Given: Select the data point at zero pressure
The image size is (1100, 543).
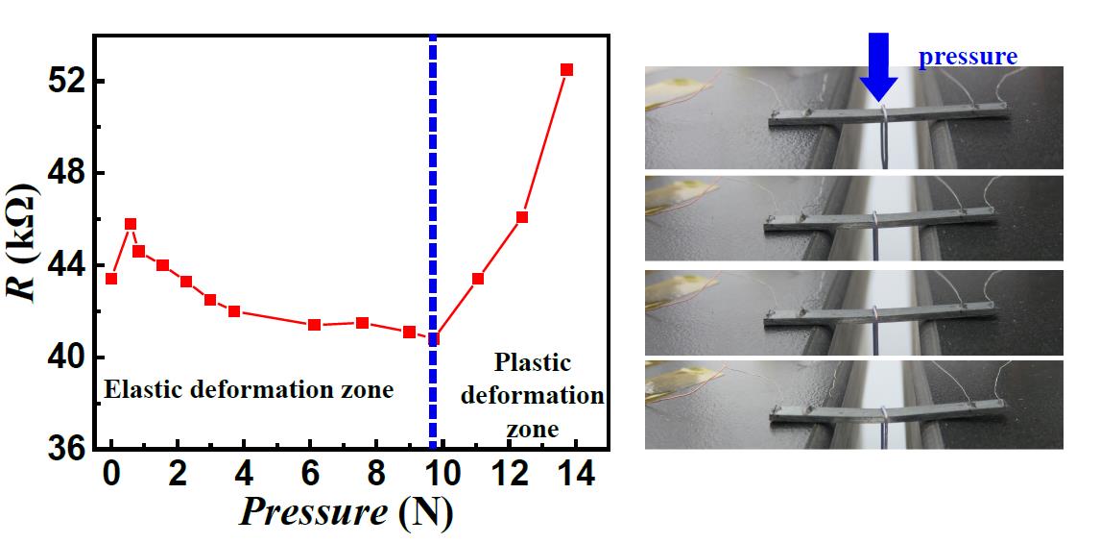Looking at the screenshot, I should click(111, 279).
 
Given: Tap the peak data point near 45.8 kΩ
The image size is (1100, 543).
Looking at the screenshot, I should click(131, 224).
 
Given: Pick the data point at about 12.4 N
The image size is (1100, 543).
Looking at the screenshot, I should click(522, 217).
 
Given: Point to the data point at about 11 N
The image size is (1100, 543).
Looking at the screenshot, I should click(478, 279).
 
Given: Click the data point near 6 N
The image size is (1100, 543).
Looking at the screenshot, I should click(314, 325).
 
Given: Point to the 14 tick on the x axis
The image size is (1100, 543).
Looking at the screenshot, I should click(572, 476).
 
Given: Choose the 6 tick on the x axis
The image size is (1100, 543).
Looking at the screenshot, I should click(308, 476).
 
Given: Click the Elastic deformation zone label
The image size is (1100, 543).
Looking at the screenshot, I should click(249, 390).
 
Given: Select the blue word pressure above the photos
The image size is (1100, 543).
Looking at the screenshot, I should click(967, 57).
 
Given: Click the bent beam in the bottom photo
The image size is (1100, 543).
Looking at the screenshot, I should click(883, 410).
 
